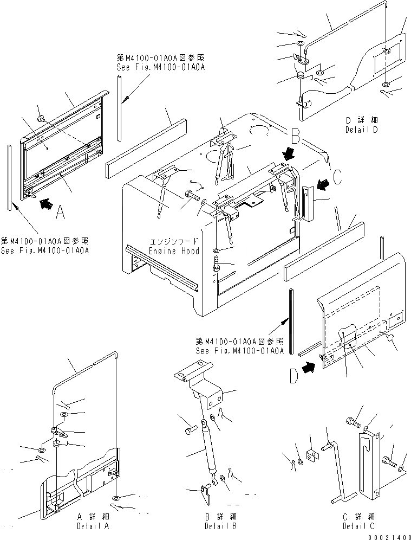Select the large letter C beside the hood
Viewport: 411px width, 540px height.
[336, 177]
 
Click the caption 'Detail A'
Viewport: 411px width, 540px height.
[88, 525]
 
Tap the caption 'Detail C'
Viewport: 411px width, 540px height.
[358, 525]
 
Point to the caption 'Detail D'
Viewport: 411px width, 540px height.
[361, 130]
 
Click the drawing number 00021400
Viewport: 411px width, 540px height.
[389, 535]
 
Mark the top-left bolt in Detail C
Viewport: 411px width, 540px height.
[351, 421]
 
